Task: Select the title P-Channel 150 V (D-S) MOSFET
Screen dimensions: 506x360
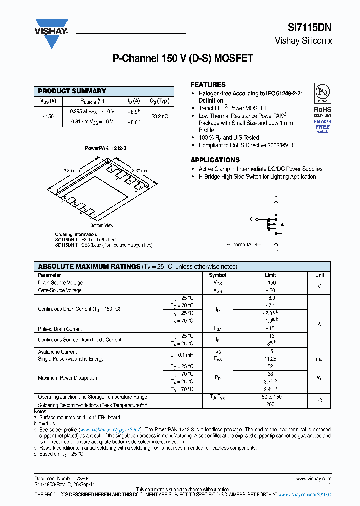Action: tap(183, 58)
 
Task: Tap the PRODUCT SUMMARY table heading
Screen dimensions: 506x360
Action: tap(72, 91)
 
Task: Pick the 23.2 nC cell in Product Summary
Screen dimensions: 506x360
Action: tap(160, 116)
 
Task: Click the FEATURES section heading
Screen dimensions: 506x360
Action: tap(208, 85)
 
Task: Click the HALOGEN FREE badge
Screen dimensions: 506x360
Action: tap(322, 125)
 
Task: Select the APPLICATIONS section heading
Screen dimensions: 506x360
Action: tap(215, 160)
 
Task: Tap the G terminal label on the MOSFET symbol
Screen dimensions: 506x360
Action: tap(251, 219)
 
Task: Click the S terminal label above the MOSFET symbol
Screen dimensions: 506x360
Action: tap(276, 197)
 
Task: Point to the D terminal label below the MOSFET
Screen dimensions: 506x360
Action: tap(276, 251)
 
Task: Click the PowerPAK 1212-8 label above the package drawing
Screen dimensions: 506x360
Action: tap(105, 148)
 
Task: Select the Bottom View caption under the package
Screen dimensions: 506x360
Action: tap(102, 225)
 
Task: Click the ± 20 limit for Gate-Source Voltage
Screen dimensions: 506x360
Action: tap(270, 290)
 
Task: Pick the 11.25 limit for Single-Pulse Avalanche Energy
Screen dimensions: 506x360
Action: tap(270, 359)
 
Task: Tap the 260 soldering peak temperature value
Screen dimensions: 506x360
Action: tap(270, 404)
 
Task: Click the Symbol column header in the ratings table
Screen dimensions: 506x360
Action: tap(217, 275)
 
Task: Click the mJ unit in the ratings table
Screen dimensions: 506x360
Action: tap(319, 359)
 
